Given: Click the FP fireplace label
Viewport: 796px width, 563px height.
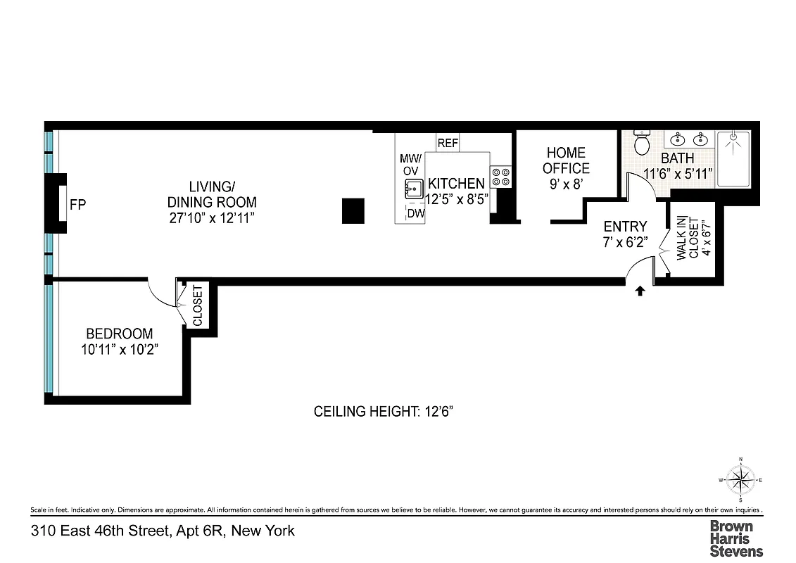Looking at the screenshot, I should point(77,205).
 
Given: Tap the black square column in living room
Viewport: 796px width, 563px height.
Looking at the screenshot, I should point(353,211).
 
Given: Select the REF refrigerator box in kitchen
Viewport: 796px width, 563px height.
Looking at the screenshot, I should point(448,143).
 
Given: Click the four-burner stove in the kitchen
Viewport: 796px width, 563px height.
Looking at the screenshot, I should point(502,177).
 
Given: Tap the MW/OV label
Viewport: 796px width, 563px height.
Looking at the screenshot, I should point(410,164).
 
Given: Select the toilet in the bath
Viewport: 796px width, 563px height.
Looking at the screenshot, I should point(642,143).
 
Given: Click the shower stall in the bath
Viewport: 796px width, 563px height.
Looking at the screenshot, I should point(733,158).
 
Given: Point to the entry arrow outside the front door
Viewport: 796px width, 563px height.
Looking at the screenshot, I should point(640,291).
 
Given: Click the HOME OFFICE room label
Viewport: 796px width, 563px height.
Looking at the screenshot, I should point(566,160).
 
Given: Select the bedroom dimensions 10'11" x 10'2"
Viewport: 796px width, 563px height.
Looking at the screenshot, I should point(119,349).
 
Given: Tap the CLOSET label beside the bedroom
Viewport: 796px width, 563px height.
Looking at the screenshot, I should point(197,305).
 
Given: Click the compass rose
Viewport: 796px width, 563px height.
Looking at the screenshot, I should point(740,481).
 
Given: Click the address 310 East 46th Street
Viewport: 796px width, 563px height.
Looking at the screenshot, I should point(162,531).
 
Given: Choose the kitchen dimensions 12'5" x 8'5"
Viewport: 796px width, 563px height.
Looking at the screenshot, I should point(457,199).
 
